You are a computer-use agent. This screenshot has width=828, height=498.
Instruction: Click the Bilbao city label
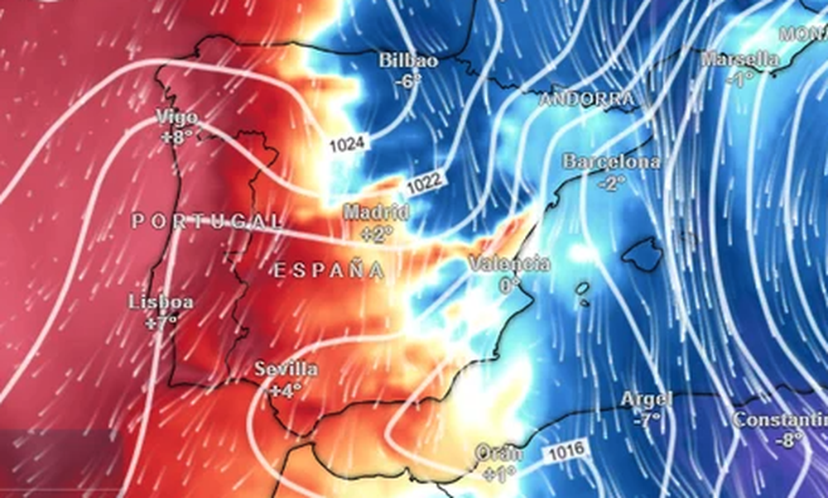pyautogui.click(x=408, y=60)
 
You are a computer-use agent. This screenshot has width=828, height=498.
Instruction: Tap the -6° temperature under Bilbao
pyautogui.click(x=408, y=81)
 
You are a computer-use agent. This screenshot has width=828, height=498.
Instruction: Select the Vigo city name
pyautogui.click(x=176, y=118)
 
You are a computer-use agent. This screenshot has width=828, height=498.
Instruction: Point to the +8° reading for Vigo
pyautogui.click(x=176, y=137)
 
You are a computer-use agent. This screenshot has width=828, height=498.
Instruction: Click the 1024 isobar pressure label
pyautogui.click(x=347, y=145)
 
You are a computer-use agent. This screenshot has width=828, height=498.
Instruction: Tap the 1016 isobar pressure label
pyautogui.click(x=566, y=451)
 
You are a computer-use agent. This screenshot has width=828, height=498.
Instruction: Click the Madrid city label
pyautogui.click(x=376, y=213)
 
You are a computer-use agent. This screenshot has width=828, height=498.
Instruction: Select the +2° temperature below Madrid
pyautogui.click(x=377, y=234)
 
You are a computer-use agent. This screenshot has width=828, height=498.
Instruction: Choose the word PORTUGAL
pyautogui.click(x=206, y=221)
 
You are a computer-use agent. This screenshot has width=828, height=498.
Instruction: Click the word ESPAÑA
pyautogui.click(x=329, y=270)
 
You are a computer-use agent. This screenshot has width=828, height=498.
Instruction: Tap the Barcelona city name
pyautogui.click(x=612, y=162)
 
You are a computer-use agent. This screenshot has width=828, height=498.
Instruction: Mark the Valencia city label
pyautogui.click(x=508, y=264)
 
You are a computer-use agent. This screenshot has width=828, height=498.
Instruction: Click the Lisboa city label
pyautogui.click(x=161, y=302)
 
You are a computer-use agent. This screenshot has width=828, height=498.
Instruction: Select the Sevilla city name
pyautogui.click(x=286, y=369)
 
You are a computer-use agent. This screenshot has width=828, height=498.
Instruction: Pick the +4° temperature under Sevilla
pyautogui.click(x=286, y=389)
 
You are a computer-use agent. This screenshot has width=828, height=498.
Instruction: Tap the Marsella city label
pyautogui.click(x=739, y=60)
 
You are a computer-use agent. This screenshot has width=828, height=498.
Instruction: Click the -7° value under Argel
pyautogui.click(x=647, y=419)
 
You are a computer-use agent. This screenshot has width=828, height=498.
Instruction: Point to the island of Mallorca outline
pyautogui.click(x=643, y=253)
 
